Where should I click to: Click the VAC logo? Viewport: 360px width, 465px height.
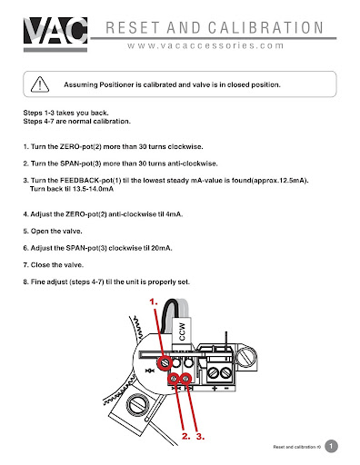[x=55, y=34]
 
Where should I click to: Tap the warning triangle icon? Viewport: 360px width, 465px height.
[x=40, y=84]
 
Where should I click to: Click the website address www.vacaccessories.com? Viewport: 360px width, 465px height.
[x=205, y=45]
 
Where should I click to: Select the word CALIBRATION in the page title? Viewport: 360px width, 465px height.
[x=265, y=27]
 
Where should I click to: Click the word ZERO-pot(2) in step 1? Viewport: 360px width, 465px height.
[x=80, y=147]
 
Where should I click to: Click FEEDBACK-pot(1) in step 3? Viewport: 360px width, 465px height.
[x=91, y=181]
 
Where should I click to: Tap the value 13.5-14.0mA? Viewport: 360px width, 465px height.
[x=93, y=189]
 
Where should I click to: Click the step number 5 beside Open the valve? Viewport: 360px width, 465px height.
[x=25, y=232]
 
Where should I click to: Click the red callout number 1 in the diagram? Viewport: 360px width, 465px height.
[x=154, y=302]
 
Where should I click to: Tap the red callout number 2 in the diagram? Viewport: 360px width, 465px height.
[x=185, y=436]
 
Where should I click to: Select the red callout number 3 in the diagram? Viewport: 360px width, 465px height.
[x=200, y=436]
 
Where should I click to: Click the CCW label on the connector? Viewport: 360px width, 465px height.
[x=182, y=331]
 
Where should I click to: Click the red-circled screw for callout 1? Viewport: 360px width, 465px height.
[x=165, y=362]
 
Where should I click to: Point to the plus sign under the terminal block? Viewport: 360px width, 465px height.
[x=215, y=388]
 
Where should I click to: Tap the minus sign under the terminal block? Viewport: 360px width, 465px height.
[x=226, y=388]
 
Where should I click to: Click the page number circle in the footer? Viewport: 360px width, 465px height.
[x=331, y=446]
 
